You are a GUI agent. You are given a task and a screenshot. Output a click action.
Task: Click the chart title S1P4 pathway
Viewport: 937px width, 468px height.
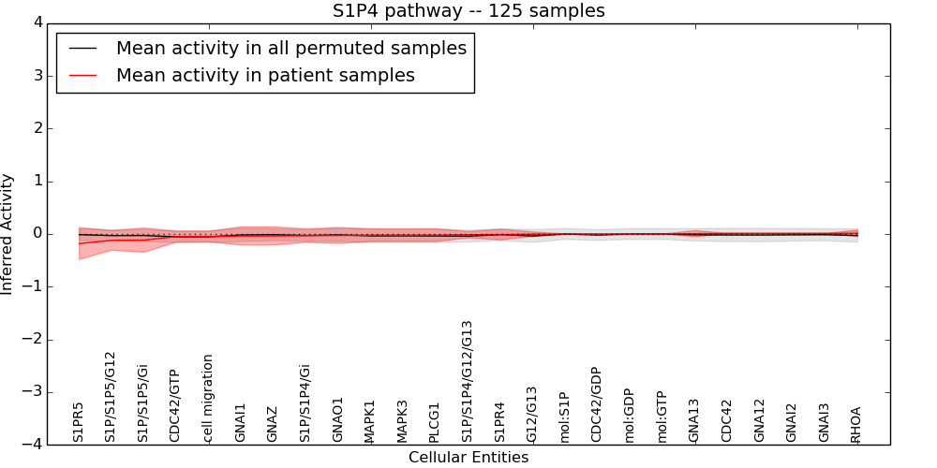point(468,11)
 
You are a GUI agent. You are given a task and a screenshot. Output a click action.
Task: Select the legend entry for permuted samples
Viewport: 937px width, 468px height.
point(290,49)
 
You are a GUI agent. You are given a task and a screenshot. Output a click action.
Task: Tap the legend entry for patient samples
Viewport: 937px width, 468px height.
point(265,76)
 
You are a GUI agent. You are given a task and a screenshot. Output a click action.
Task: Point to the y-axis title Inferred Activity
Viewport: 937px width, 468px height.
point(7,234)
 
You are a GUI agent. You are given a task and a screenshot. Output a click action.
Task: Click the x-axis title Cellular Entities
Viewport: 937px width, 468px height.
point(468,458)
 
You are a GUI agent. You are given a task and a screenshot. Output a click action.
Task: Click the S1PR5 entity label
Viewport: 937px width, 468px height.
point(78,422)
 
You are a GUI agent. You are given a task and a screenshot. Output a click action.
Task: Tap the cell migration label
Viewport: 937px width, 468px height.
point(208,398)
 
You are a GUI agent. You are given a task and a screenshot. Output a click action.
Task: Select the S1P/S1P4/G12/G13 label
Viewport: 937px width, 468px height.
point(468,381)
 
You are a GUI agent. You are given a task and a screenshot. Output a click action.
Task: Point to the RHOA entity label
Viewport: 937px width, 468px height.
point(855,424)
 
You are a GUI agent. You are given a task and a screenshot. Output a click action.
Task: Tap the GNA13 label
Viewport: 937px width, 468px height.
point(694,421)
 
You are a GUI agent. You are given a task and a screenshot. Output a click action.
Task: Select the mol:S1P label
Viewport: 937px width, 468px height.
point(564,417)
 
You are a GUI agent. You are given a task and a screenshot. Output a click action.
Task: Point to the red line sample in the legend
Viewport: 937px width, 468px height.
point(82,76)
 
